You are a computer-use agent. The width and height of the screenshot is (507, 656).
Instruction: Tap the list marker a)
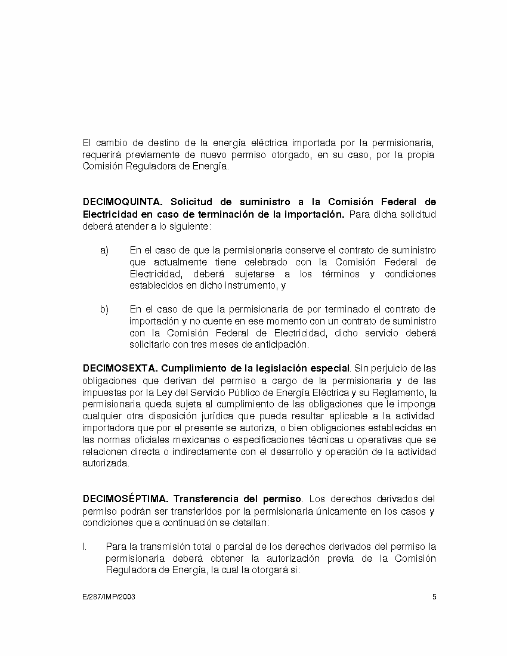104,250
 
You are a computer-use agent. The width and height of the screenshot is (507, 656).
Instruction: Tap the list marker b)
104,309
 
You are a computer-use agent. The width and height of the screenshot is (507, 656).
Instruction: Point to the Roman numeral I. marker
85,546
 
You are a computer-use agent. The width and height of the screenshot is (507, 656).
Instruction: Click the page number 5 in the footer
434,597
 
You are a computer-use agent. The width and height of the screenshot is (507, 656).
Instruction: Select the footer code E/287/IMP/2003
109,597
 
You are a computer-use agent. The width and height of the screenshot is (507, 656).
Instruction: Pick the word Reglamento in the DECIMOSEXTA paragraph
396,392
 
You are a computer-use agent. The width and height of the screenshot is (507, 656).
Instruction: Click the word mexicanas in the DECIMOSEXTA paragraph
192,440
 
